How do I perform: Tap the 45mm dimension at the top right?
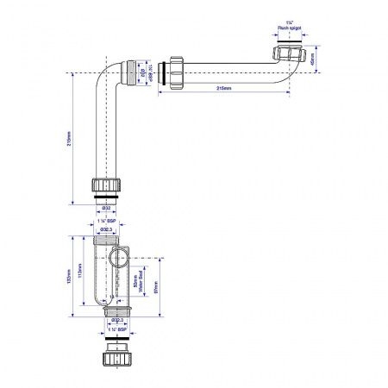[x=311, y=61]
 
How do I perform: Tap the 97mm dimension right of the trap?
[x=156, y=285]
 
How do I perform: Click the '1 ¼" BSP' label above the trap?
[x=108, y=222]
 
